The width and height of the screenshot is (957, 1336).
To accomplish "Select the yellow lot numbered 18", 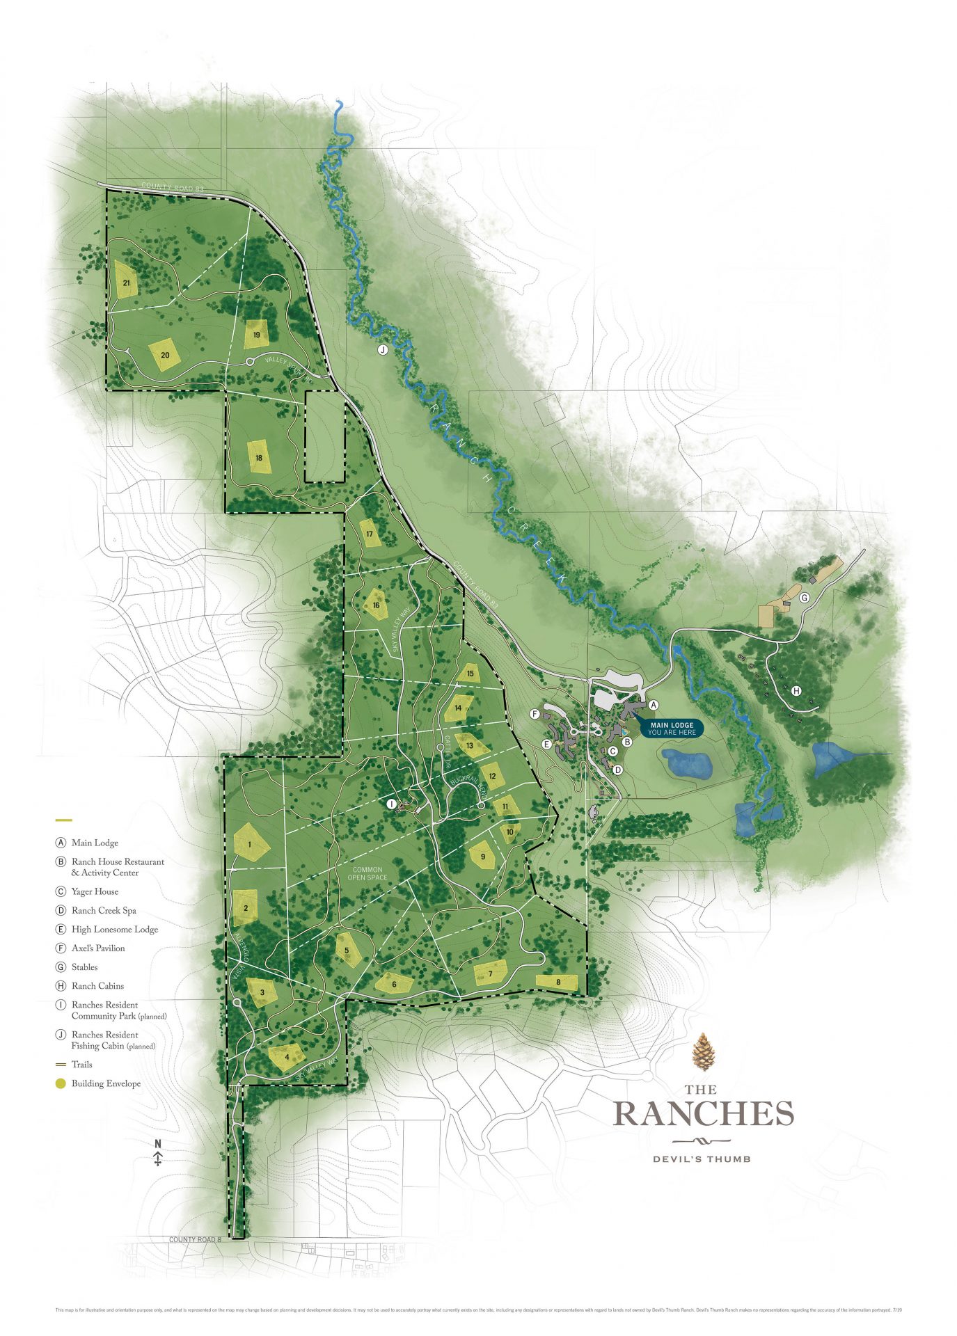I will click(x=259, y=457).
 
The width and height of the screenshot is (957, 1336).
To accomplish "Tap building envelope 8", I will click(x=557, y=983).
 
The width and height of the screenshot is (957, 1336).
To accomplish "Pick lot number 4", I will click(x=287, y=1057).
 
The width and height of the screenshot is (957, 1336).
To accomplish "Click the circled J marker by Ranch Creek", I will click(x=382, y=350).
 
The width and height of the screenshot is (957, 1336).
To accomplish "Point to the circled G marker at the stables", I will click(x=804, y=598).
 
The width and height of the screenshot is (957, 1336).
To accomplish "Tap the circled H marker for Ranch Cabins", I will click(x=796, y=691).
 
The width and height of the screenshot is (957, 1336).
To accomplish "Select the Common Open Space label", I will click(x=367, y=873).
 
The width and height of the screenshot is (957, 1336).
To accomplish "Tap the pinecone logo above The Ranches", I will click(x=704, y=1052).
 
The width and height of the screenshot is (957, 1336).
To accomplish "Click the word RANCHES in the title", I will click(x=703, y=1113).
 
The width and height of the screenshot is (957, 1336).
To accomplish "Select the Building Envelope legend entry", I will click(x=105, y=1083).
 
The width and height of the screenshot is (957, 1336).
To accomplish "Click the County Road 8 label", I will click(x=195, y=1240).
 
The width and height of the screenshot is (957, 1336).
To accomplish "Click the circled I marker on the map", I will click(x=391, y=804).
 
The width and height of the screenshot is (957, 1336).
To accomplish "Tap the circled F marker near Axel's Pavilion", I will click(x=535, y=714).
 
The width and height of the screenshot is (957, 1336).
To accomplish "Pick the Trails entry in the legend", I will click(x=81, y=1065).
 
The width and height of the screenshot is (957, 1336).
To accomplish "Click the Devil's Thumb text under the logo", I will click(x=702, y=1159).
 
